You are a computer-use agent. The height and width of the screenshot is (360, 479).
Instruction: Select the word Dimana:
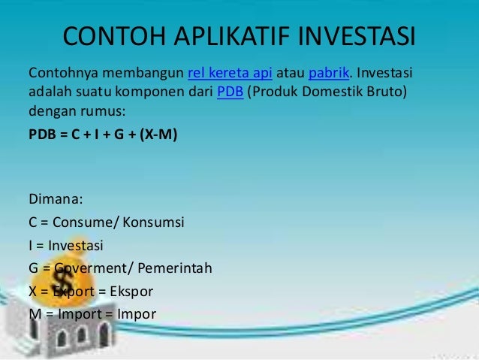coord(56,200)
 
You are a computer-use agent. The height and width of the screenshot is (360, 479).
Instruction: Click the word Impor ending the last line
coord(137,313)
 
